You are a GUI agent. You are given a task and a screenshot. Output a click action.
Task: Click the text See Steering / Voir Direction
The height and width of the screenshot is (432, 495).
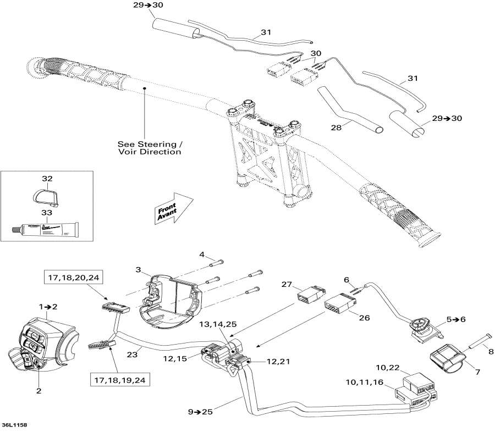pyautogui.click(x=148, y=148)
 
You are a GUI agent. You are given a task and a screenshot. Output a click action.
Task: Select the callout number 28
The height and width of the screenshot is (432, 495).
pyautogui.click(x=336, y=127)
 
